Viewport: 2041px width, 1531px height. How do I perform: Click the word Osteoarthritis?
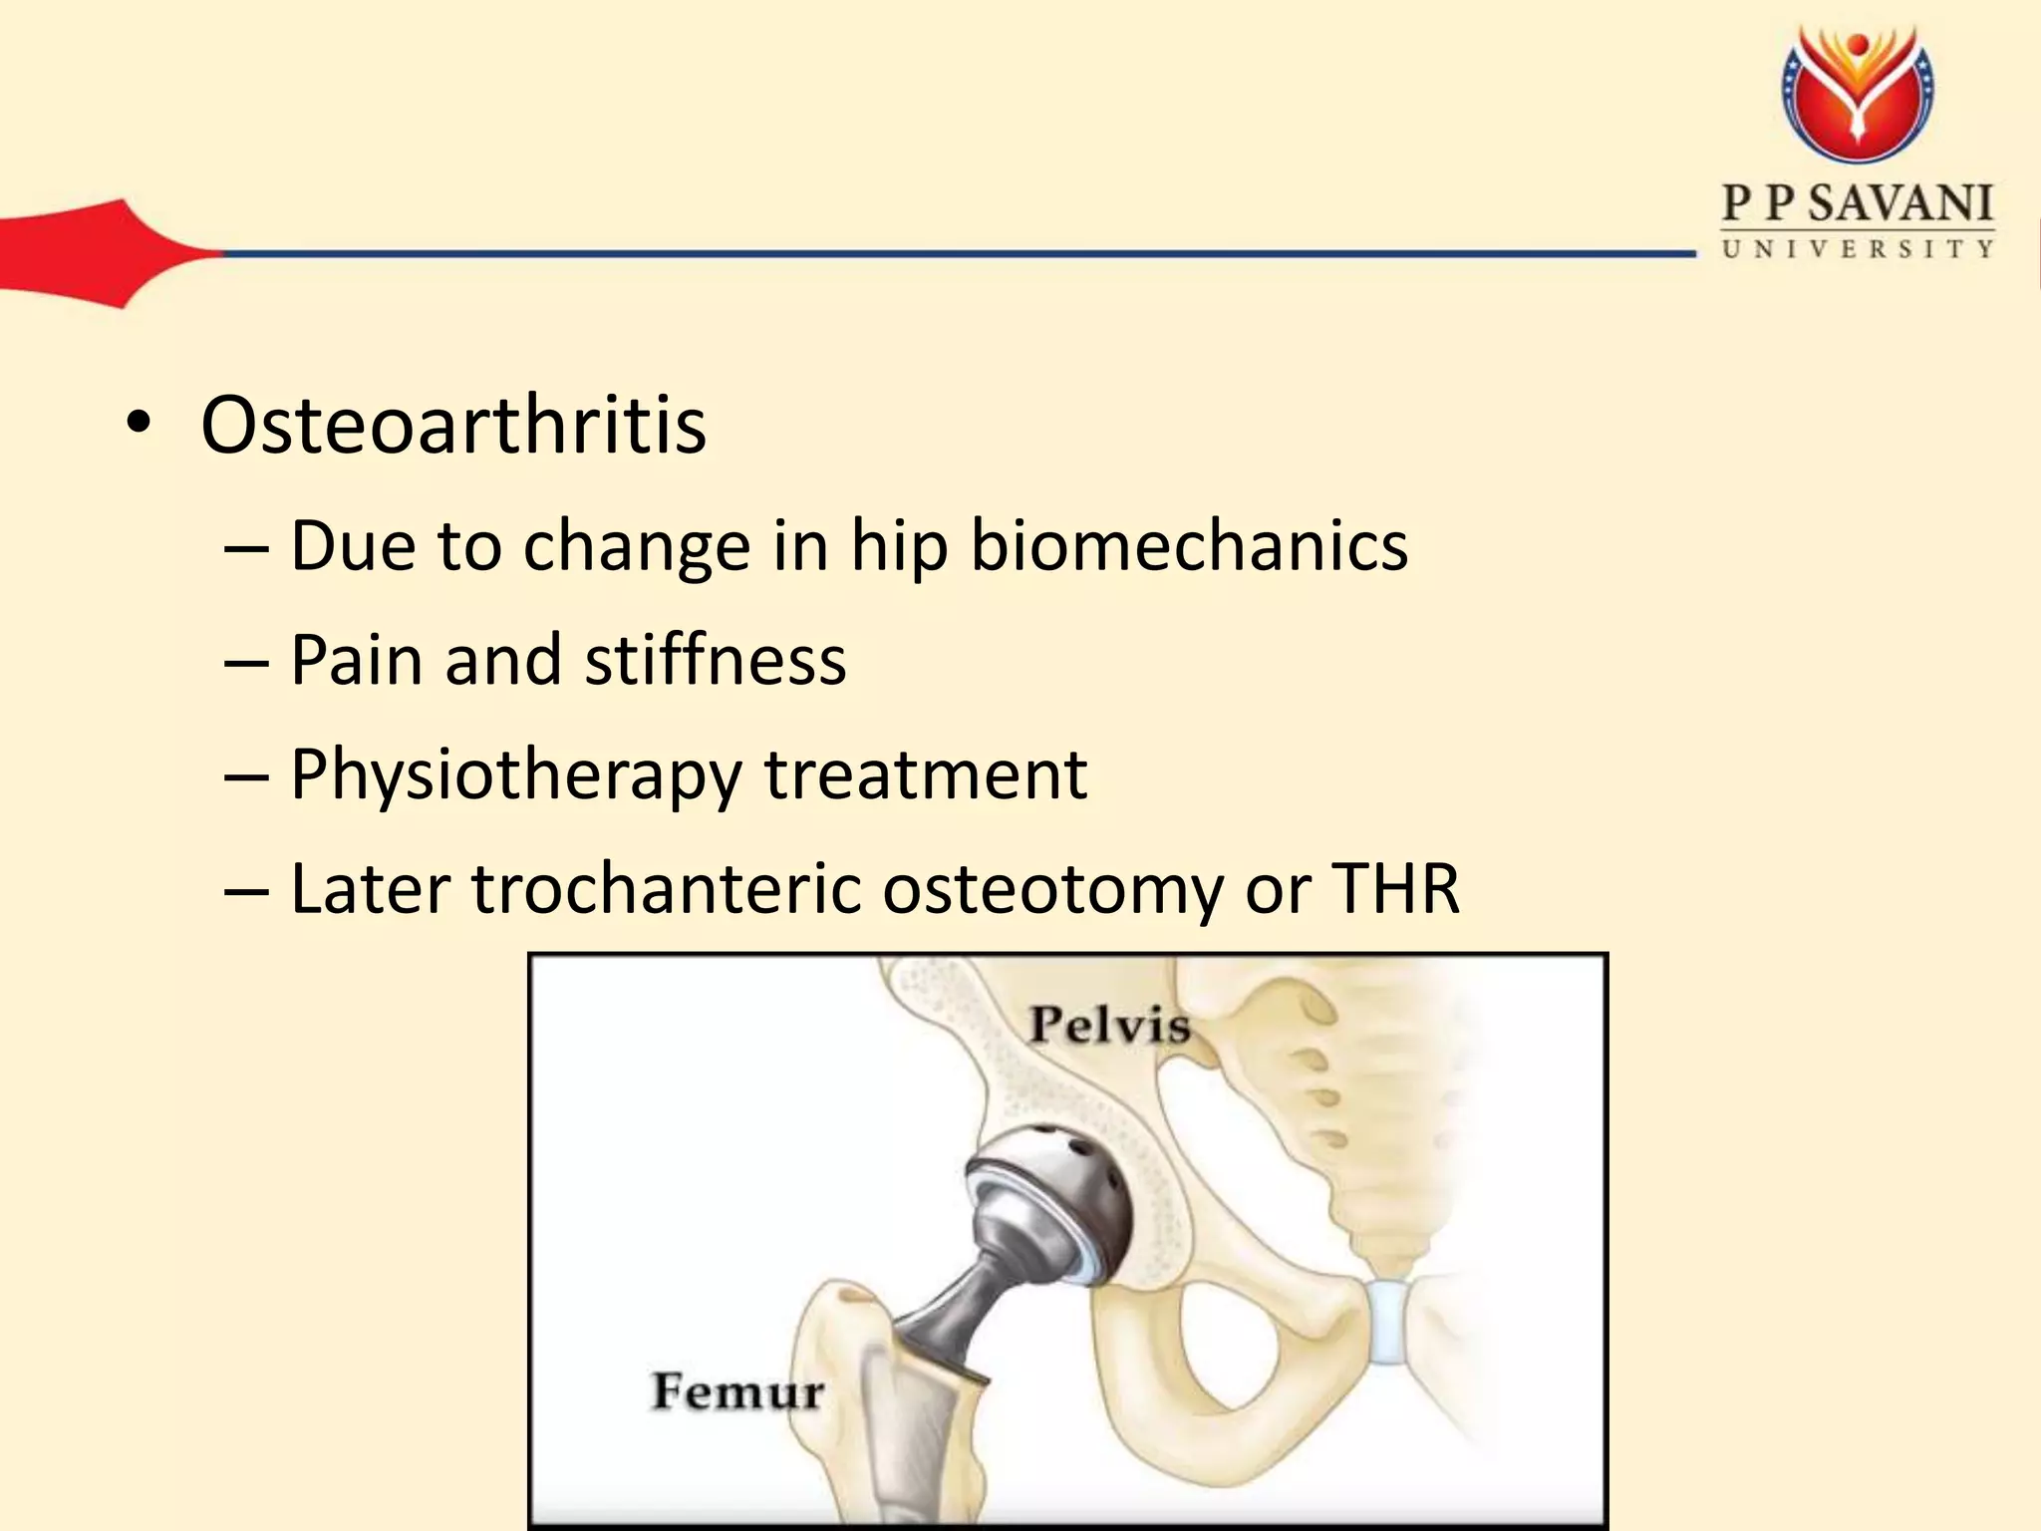[x=453, y=426]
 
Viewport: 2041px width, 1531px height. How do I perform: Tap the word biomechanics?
[x=1189, y=546]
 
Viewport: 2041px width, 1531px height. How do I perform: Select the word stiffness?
[x=716, y=660]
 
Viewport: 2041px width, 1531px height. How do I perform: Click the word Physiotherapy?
[x=515, y=775]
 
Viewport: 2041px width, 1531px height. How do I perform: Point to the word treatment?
[x=926, y=774]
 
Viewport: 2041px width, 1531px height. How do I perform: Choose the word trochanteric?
[x=666, y=888]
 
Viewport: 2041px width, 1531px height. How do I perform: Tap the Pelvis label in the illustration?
[x=1109, y=1025]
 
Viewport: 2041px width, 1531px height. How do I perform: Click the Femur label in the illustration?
[x=737, y=1391]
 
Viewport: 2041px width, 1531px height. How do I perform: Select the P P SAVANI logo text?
[x=1858, y=204]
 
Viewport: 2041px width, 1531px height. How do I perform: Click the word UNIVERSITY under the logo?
[x=1858, y=249]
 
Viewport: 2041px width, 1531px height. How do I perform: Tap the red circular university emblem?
[x=1858, y=95]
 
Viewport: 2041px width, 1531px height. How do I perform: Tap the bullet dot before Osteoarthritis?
[x=139, y=426]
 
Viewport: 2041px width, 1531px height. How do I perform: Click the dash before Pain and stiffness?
[x=246, y=662]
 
